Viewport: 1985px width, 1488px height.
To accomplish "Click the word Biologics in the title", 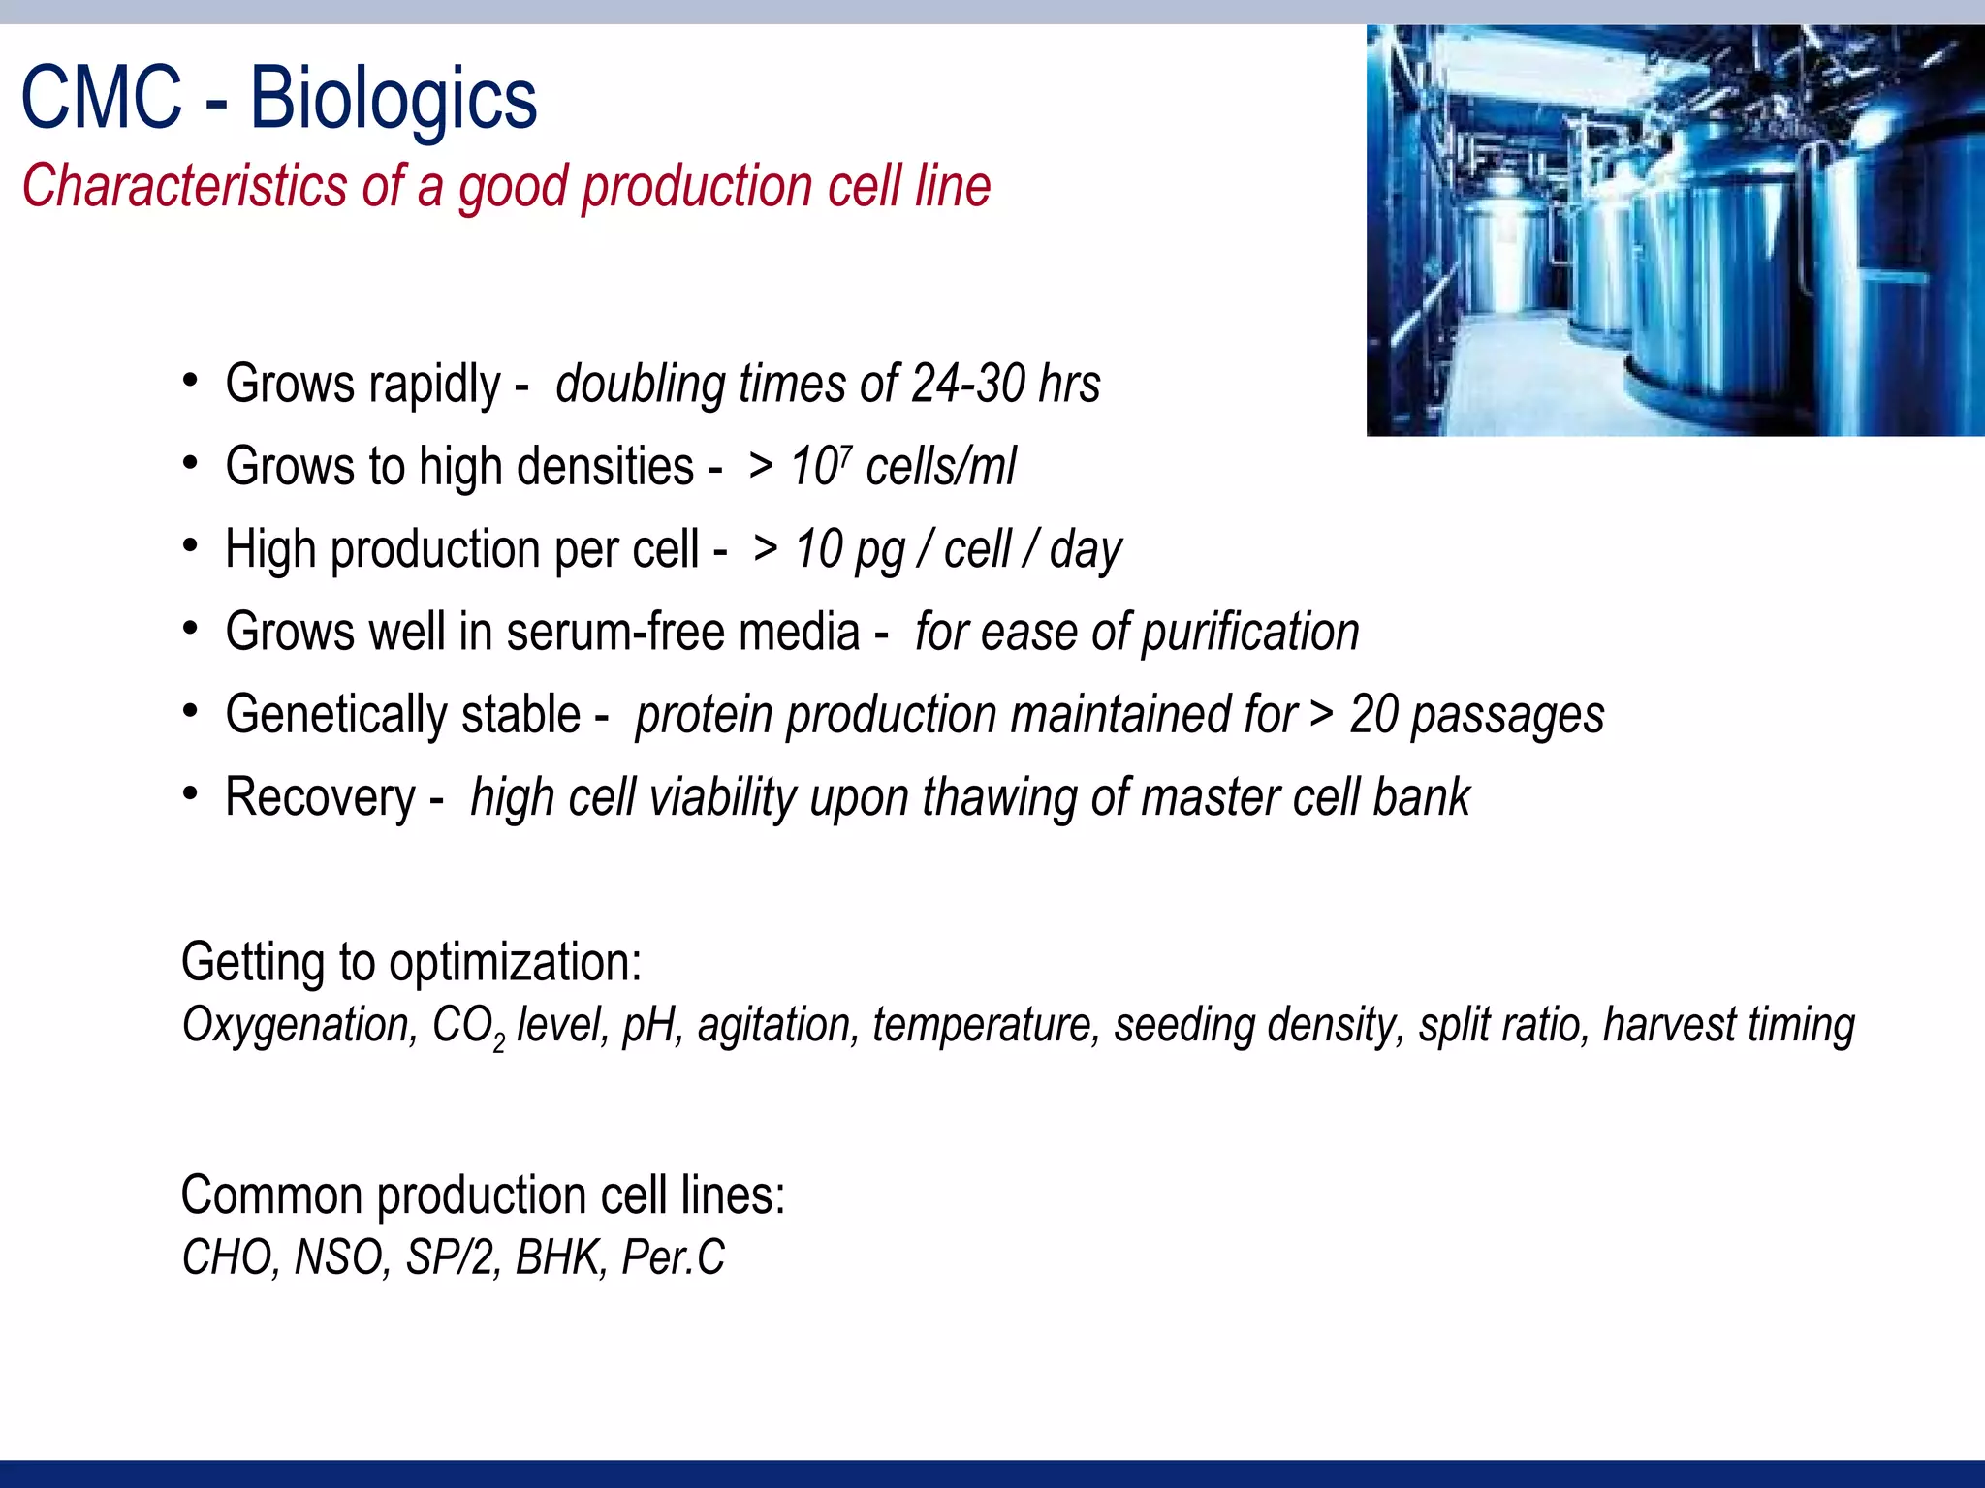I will (394, 99).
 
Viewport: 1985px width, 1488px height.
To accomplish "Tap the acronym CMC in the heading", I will (102, 99).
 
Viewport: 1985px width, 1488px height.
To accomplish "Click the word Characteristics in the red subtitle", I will (184, 186).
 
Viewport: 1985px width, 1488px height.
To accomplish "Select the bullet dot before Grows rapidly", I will (191, 380).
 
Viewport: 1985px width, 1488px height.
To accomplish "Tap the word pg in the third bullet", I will (879, 550).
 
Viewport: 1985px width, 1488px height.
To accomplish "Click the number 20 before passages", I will (1373, 715).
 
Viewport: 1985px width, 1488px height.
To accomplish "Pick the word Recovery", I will (320, 798).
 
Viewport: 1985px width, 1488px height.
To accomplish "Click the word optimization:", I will (515, 963).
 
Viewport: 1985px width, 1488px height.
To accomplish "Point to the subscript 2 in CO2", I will (498, 1043).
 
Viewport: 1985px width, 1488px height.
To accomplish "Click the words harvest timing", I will (1728, 1025).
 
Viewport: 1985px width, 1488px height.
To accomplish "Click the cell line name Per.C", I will (672, 1257).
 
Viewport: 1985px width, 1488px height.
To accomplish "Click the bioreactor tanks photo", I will (1675, 231).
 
